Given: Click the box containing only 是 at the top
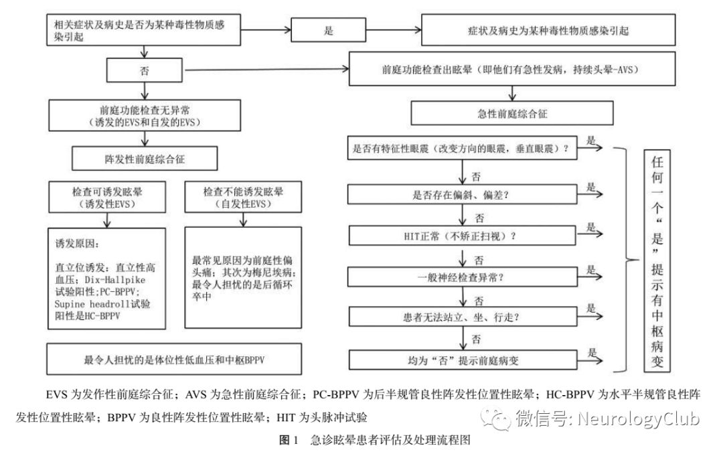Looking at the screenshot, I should tap(329, 31).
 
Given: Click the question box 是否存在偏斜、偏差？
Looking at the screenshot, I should tap(463, 196).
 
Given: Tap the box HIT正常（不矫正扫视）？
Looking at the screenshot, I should tap(463, 236).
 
